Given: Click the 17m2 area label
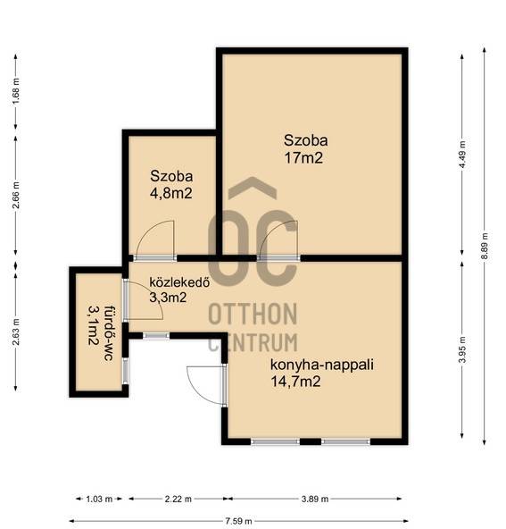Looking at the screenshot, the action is [303, 158].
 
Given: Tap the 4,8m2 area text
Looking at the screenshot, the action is [170, 194].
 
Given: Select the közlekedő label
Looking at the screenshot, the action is [179, 282].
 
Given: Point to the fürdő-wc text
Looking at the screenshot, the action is [108, 333].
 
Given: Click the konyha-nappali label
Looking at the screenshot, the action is [322, 365].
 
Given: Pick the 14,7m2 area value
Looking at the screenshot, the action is [295, 382].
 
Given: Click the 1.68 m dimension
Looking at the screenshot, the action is [16, 91].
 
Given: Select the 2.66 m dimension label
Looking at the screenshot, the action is [16, 195].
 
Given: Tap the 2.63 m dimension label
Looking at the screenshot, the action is [16, 332].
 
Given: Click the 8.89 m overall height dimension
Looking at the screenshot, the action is [485, 246].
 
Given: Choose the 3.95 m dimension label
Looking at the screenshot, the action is [463, 349].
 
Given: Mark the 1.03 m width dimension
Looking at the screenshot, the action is [99, 499].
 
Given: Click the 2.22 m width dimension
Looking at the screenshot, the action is [178, 499].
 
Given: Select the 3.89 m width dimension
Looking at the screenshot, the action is [315, 499].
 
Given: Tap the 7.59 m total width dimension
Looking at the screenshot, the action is [238, 521].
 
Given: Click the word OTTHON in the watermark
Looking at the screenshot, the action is [253, 314].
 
